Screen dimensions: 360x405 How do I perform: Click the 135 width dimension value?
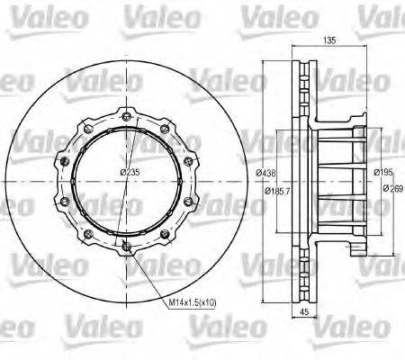330,40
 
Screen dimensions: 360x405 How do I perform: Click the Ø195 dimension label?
383,173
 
